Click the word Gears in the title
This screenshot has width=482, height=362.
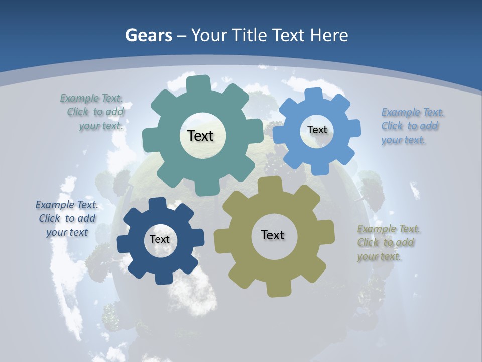coord(148,35)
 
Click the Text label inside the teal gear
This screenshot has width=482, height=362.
coord(200,136)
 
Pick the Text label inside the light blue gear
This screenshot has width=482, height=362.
coord(317,130)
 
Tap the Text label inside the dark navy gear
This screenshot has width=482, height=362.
coord(160,239)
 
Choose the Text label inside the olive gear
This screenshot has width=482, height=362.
coord(273,235)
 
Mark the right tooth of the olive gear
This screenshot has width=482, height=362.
coord(326,234)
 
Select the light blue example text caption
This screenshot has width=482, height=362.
coord(411,126)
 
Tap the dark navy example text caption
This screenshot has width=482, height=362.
coord(67,218)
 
